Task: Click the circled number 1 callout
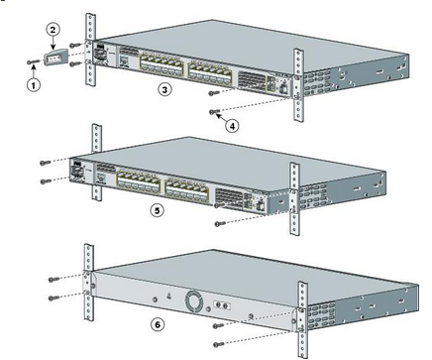click(34, 85)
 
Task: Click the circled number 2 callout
click(53, 30)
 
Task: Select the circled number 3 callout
click(164, 89)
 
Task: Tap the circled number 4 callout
click(232, 126)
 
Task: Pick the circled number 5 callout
click(157, 210)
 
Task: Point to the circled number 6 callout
click(158, 324)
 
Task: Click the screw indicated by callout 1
click(33, 61)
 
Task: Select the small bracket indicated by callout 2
click(56, 59)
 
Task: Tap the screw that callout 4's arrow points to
click(215, 112)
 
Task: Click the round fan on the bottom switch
click(193, 300)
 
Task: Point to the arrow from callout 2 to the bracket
click(53, 43)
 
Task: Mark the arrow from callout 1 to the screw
click(33, 71)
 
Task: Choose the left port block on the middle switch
click(138, 181)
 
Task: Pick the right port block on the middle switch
click(187, 191)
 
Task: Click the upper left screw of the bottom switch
click(54, 280)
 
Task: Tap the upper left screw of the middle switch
click(46, 163)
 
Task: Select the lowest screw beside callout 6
click(219, 345)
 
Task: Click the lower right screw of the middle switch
click(220, 224)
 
